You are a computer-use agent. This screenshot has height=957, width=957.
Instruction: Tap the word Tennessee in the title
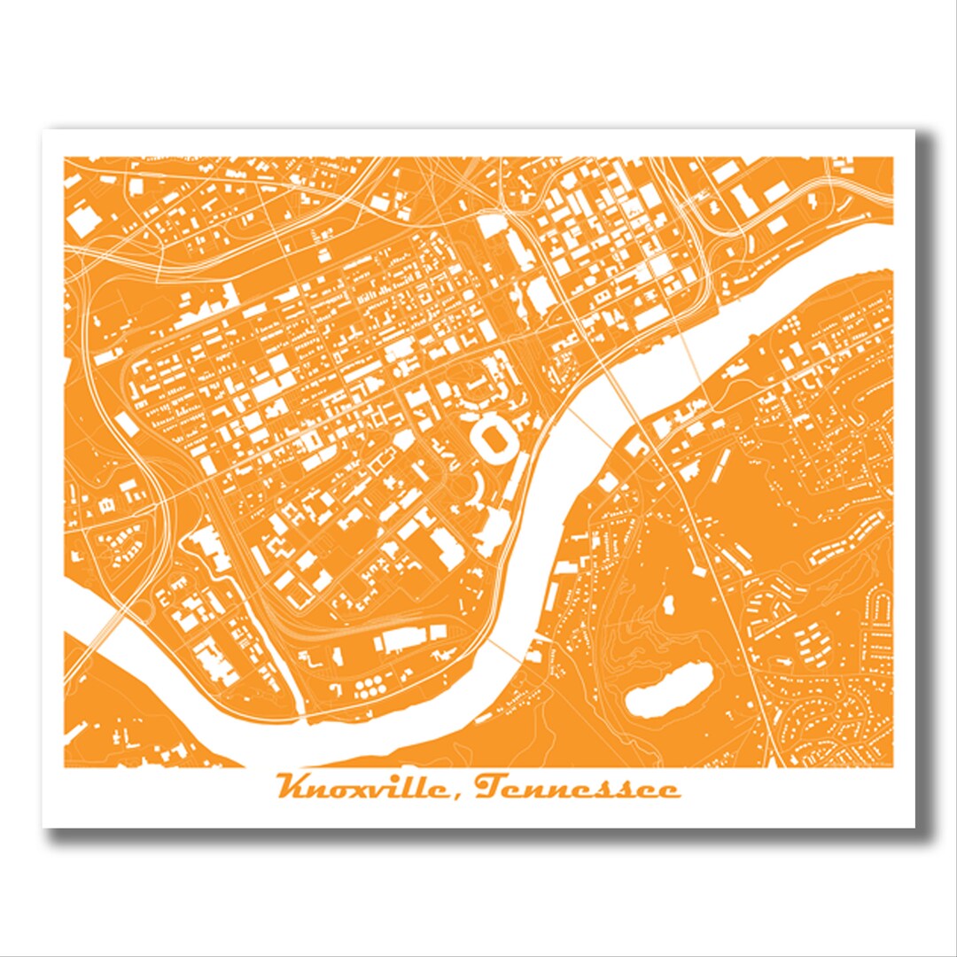(x=577, y=787)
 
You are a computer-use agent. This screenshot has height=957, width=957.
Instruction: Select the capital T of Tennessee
(x=490, y=785)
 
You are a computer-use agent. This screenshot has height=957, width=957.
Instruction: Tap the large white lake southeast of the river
(x=670, y=690)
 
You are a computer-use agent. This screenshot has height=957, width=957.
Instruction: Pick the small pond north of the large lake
(x=667, y=608)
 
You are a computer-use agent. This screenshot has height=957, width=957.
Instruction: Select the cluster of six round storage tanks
(x=370, y=686)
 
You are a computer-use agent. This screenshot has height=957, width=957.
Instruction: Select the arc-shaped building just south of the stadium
(x=478, y=484)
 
